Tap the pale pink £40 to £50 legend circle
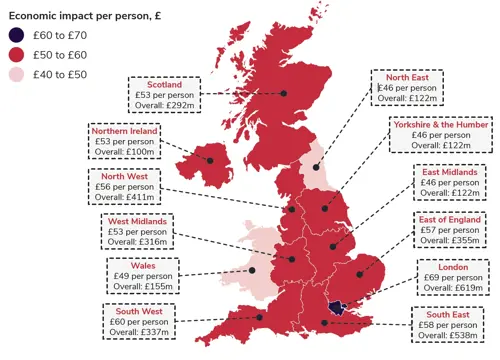[x=15, y=75]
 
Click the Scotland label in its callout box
[x=164, y=85]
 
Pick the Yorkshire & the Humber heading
[x=441, y=124]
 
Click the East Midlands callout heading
[x=441, y=172]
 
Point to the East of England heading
[x=441, y=218]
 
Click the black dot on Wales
[x=253, y=269]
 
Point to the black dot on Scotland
[x=284, y=93]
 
